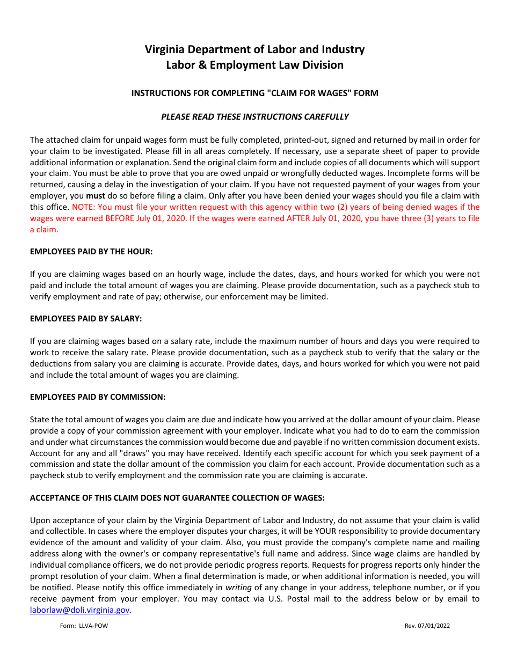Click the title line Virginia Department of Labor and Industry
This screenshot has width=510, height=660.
pos(254,49)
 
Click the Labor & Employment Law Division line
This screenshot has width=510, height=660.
pos(254,65)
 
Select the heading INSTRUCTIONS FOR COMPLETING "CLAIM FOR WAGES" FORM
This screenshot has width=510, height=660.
pos(254,93)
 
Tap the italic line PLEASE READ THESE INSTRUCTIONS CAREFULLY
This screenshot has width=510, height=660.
pos(254,116)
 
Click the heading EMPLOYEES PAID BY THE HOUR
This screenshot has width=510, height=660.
pos(92,251)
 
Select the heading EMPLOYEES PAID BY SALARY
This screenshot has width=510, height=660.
pos(86,318)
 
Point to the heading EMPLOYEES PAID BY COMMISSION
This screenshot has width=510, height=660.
pos(98,397)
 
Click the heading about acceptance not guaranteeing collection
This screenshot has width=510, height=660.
pos(177,497)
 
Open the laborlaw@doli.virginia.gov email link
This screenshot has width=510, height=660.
pos(79,610)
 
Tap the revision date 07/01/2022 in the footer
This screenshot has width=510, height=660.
pos(434,626)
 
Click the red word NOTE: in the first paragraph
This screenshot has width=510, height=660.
pos(82,207)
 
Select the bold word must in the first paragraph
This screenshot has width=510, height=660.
pos(96,196)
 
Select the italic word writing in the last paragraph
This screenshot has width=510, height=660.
pos(238,588)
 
